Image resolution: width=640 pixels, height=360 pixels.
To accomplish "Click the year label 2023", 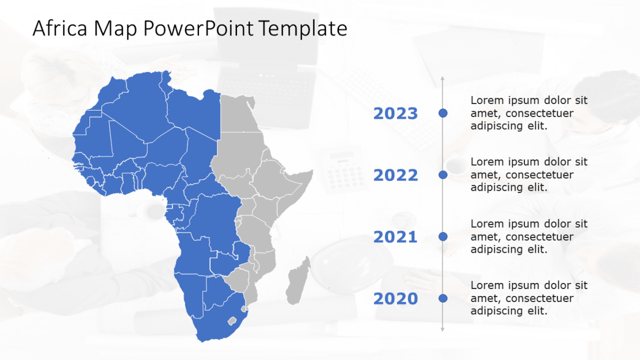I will coord(395,113).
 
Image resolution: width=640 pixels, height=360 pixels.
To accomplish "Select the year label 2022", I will coord(395,175).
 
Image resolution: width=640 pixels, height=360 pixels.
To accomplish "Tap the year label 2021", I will coord(395,237).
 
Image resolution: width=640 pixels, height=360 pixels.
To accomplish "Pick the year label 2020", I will coord(395,299).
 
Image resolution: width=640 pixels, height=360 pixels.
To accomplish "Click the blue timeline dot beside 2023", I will coord(443,113).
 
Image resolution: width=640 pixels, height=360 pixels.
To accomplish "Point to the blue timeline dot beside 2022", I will coord(443,175).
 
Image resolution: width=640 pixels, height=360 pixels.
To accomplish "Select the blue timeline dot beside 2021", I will coord(443,236).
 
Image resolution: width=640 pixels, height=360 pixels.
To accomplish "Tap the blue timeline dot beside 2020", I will coord(443,298).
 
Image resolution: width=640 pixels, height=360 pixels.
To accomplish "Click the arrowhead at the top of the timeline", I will coord(443,79).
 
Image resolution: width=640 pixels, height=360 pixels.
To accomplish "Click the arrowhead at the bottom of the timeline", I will coord(443,329).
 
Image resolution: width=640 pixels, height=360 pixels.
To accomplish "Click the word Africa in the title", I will coord(59,28).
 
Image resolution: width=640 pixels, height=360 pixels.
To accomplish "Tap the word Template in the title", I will coord(303,28).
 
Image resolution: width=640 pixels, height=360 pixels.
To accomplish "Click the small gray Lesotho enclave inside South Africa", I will coord(233,320).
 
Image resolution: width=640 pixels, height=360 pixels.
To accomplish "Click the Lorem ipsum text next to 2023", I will coord(529,113).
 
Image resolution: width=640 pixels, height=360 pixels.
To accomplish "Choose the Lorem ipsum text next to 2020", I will coord(529,298).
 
